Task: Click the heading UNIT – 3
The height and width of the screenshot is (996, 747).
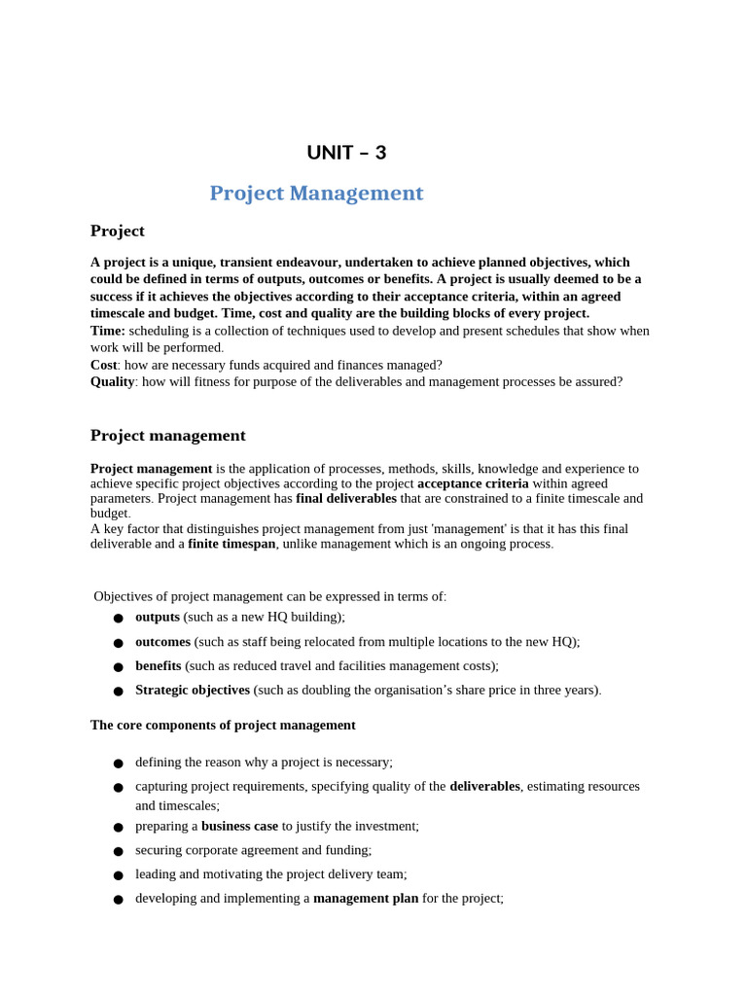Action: [x=346, y=153]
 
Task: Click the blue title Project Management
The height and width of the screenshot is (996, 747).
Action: [x=316, y=194]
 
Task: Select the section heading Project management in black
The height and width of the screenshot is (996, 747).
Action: [x=167, y=436]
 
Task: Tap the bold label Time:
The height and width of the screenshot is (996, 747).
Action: [x=108, y=331]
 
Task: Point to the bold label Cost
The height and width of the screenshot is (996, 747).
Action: [x=104, y=365]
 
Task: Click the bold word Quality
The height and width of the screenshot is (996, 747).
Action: [x=112, y=381]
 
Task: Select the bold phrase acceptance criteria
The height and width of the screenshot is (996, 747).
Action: [x=473, y=483]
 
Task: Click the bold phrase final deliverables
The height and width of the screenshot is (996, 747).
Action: [x=345, y=498]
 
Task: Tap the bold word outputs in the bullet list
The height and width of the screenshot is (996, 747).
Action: [x=158, y=617]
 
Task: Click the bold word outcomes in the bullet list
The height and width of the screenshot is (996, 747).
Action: [x=162, y=642]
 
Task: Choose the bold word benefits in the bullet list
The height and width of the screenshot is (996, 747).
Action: [x=158, y=666]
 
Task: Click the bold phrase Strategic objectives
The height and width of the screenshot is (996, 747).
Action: [x=193, y=691]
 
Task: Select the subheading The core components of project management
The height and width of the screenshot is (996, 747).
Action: [x=223, y=726]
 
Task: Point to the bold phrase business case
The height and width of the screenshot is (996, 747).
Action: [x=239, y=826]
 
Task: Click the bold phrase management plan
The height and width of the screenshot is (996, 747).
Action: [x=366, y=899]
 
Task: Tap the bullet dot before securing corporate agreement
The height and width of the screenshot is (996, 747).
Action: [x=118, y=851]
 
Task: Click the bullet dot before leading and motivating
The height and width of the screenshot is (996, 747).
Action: [x=118, y=875]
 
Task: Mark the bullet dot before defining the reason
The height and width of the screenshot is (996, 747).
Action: [x=118, y=764]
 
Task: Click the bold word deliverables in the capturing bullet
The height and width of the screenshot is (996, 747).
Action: [x=484, y=786]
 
